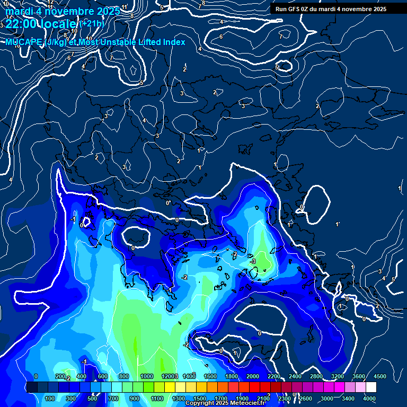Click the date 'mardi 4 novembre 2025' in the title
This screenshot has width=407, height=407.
[63, 11]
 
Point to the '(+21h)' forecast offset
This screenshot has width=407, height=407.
[92, 23]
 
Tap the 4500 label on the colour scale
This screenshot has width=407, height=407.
[379, 376]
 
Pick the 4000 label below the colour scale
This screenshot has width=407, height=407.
[369, 399]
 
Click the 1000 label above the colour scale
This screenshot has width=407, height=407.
[147, 376]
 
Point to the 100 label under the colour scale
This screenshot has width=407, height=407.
[50, 399]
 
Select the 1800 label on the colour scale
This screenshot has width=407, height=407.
[232, 376]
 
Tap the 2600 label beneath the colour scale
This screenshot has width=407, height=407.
[306, 399]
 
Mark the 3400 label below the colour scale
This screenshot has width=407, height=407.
[348, 399]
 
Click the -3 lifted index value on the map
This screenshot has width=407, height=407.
[253, 261]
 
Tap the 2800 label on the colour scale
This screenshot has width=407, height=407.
[316, 376]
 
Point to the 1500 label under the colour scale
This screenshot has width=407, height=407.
[200, 399]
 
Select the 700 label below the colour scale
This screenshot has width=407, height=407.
[113, 399]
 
